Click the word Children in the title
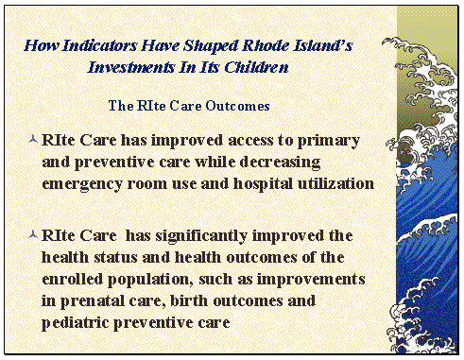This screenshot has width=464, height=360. (x=255, y=68)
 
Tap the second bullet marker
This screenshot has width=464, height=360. (x=34, y=232)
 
